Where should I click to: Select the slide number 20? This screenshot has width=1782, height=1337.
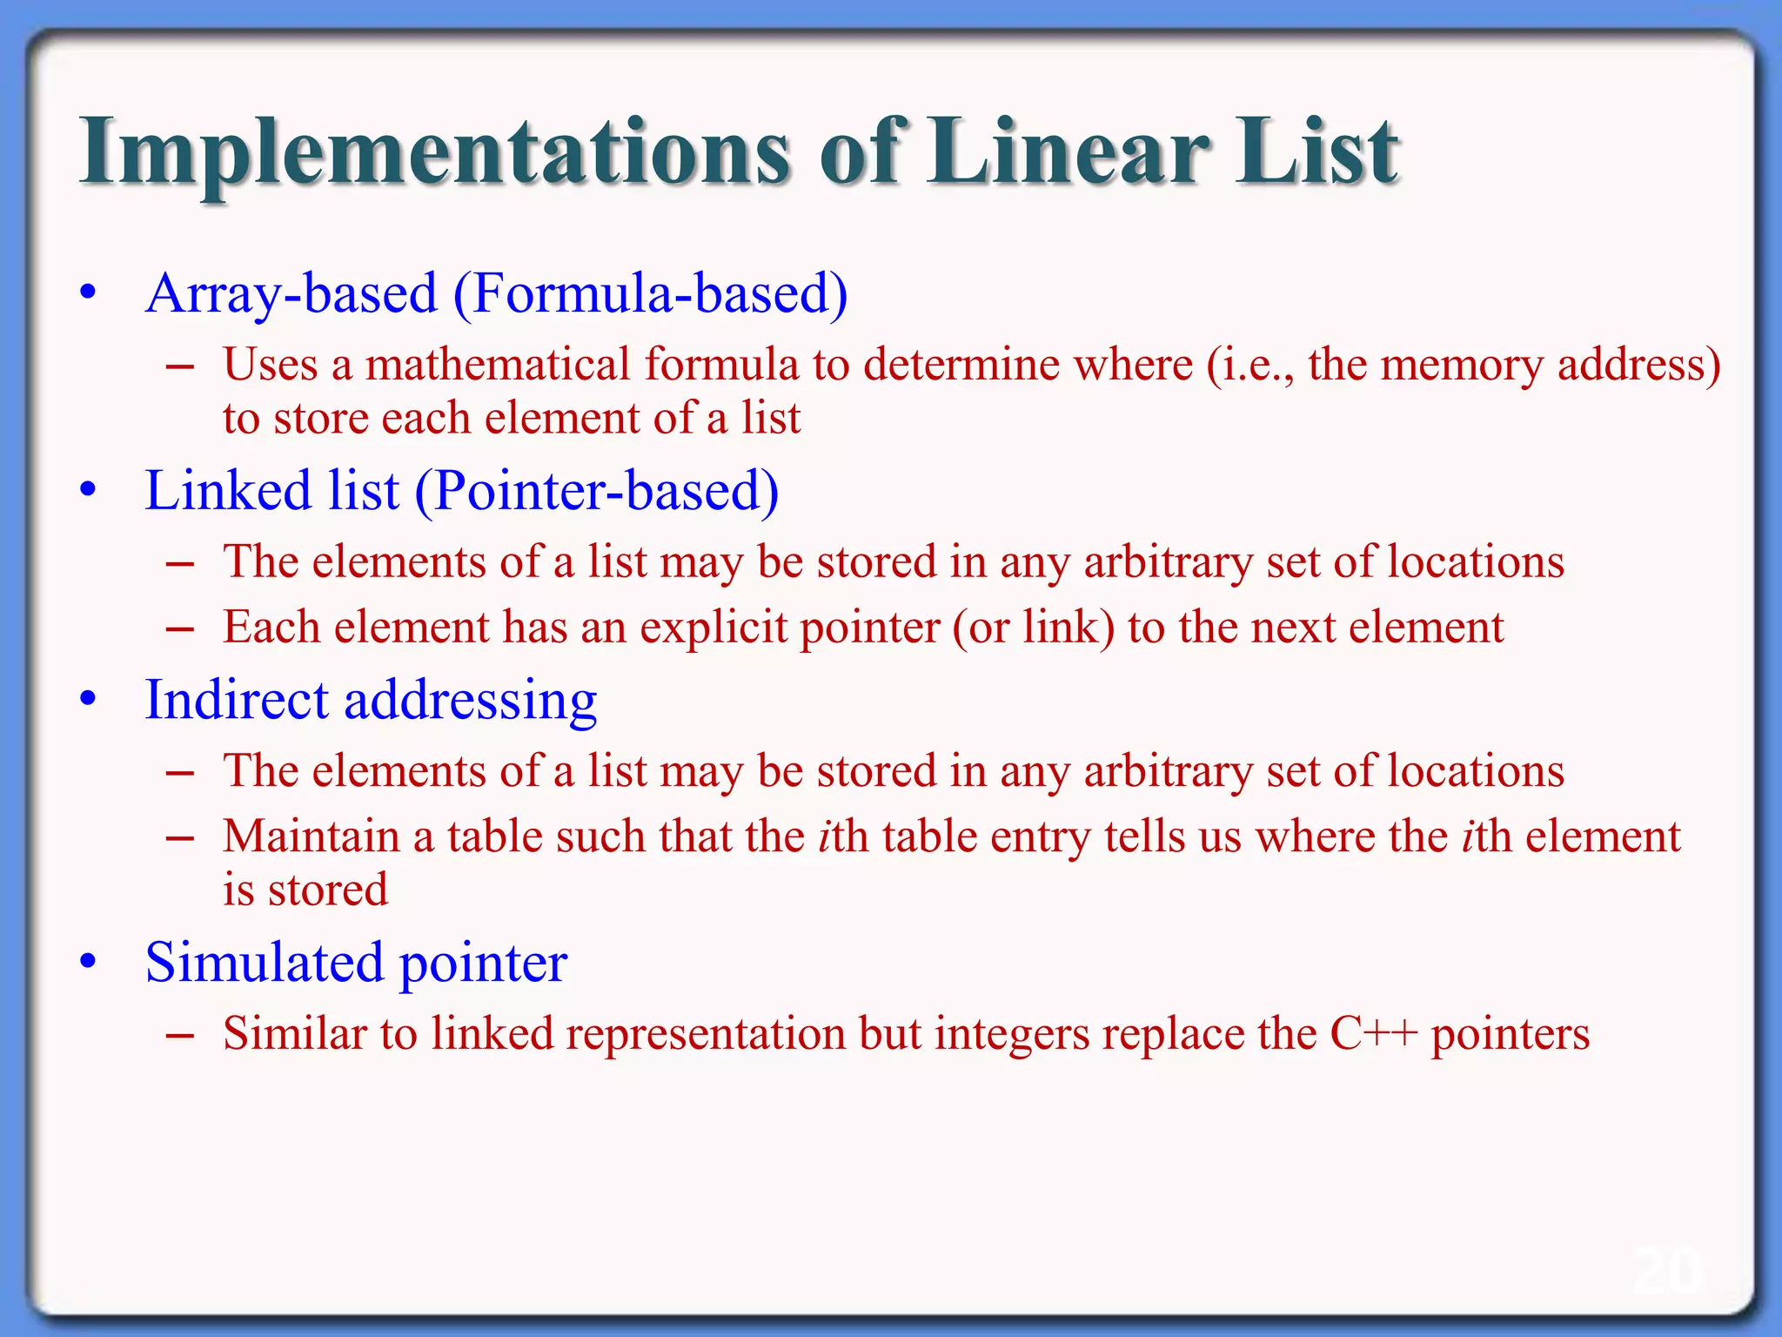1666,1272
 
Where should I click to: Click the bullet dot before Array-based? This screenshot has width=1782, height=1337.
87,294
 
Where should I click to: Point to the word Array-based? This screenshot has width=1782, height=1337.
291,294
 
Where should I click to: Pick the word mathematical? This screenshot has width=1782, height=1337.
497,365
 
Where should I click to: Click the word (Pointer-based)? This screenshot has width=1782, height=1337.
596,491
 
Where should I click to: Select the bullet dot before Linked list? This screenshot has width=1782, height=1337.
87,491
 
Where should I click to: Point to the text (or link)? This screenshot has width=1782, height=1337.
1034,628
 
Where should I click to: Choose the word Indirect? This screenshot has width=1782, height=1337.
237,701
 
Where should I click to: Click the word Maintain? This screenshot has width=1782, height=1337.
311,836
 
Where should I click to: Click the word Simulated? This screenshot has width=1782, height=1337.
264,963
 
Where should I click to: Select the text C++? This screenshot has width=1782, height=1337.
1374,1034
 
